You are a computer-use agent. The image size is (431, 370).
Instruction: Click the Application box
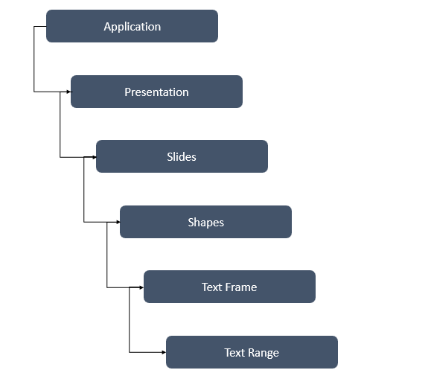pyautogui.click(x=132, y=26)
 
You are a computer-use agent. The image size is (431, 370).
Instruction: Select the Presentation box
pyautogui.click(x=156, y=92)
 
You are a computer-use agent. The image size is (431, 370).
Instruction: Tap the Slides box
pyautogui.click(x=182, y=156)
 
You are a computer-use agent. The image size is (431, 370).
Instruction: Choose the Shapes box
pyautogui.click(x=205, y=222)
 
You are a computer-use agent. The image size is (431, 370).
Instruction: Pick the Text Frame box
pyautogui.click(x=229, y=287)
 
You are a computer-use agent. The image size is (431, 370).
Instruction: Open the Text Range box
pyautogui.click(x=252, y=352)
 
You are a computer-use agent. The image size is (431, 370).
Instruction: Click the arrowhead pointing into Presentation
pyautogui.click(x=68, y=92)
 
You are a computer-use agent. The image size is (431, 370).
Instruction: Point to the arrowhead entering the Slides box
pyautogui.click(x=93, y=157)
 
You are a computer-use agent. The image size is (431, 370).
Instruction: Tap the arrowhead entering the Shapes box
pyautogui.click(x=117, y=222)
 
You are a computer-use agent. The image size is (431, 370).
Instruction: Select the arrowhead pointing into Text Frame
pyautogui.click(x=141, y=287)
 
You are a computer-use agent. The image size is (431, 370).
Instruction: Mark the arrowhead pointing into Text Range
pyautogui.click(x=163, y=352)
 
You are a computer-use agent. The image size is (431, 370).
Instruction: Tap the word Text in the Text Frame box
pyautogui.click(x=212, y=287)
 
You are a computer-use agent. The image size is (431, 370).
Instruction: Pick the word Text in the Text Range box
pyautogui.click(x=234, y=352)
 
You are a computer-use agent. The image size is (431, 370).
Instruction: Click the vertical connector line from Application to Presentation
pyautogui.click(x=34, y=60)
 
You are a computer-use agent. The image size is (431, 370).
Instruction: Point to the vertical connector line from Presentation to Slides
pyautogui.click(x=60, y=124)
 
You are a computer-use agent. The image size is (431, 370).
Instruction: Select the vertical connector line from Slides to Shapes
pyautogui.click(x=84, y=190)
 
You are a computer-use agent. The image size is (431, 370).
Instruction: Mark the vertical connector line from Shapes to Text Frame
pyautogui.click(x=107, y=255)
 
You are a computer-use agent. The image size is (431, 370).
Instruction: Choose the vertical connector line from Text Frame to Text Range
pyautogui.click(x=130, y=320)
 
